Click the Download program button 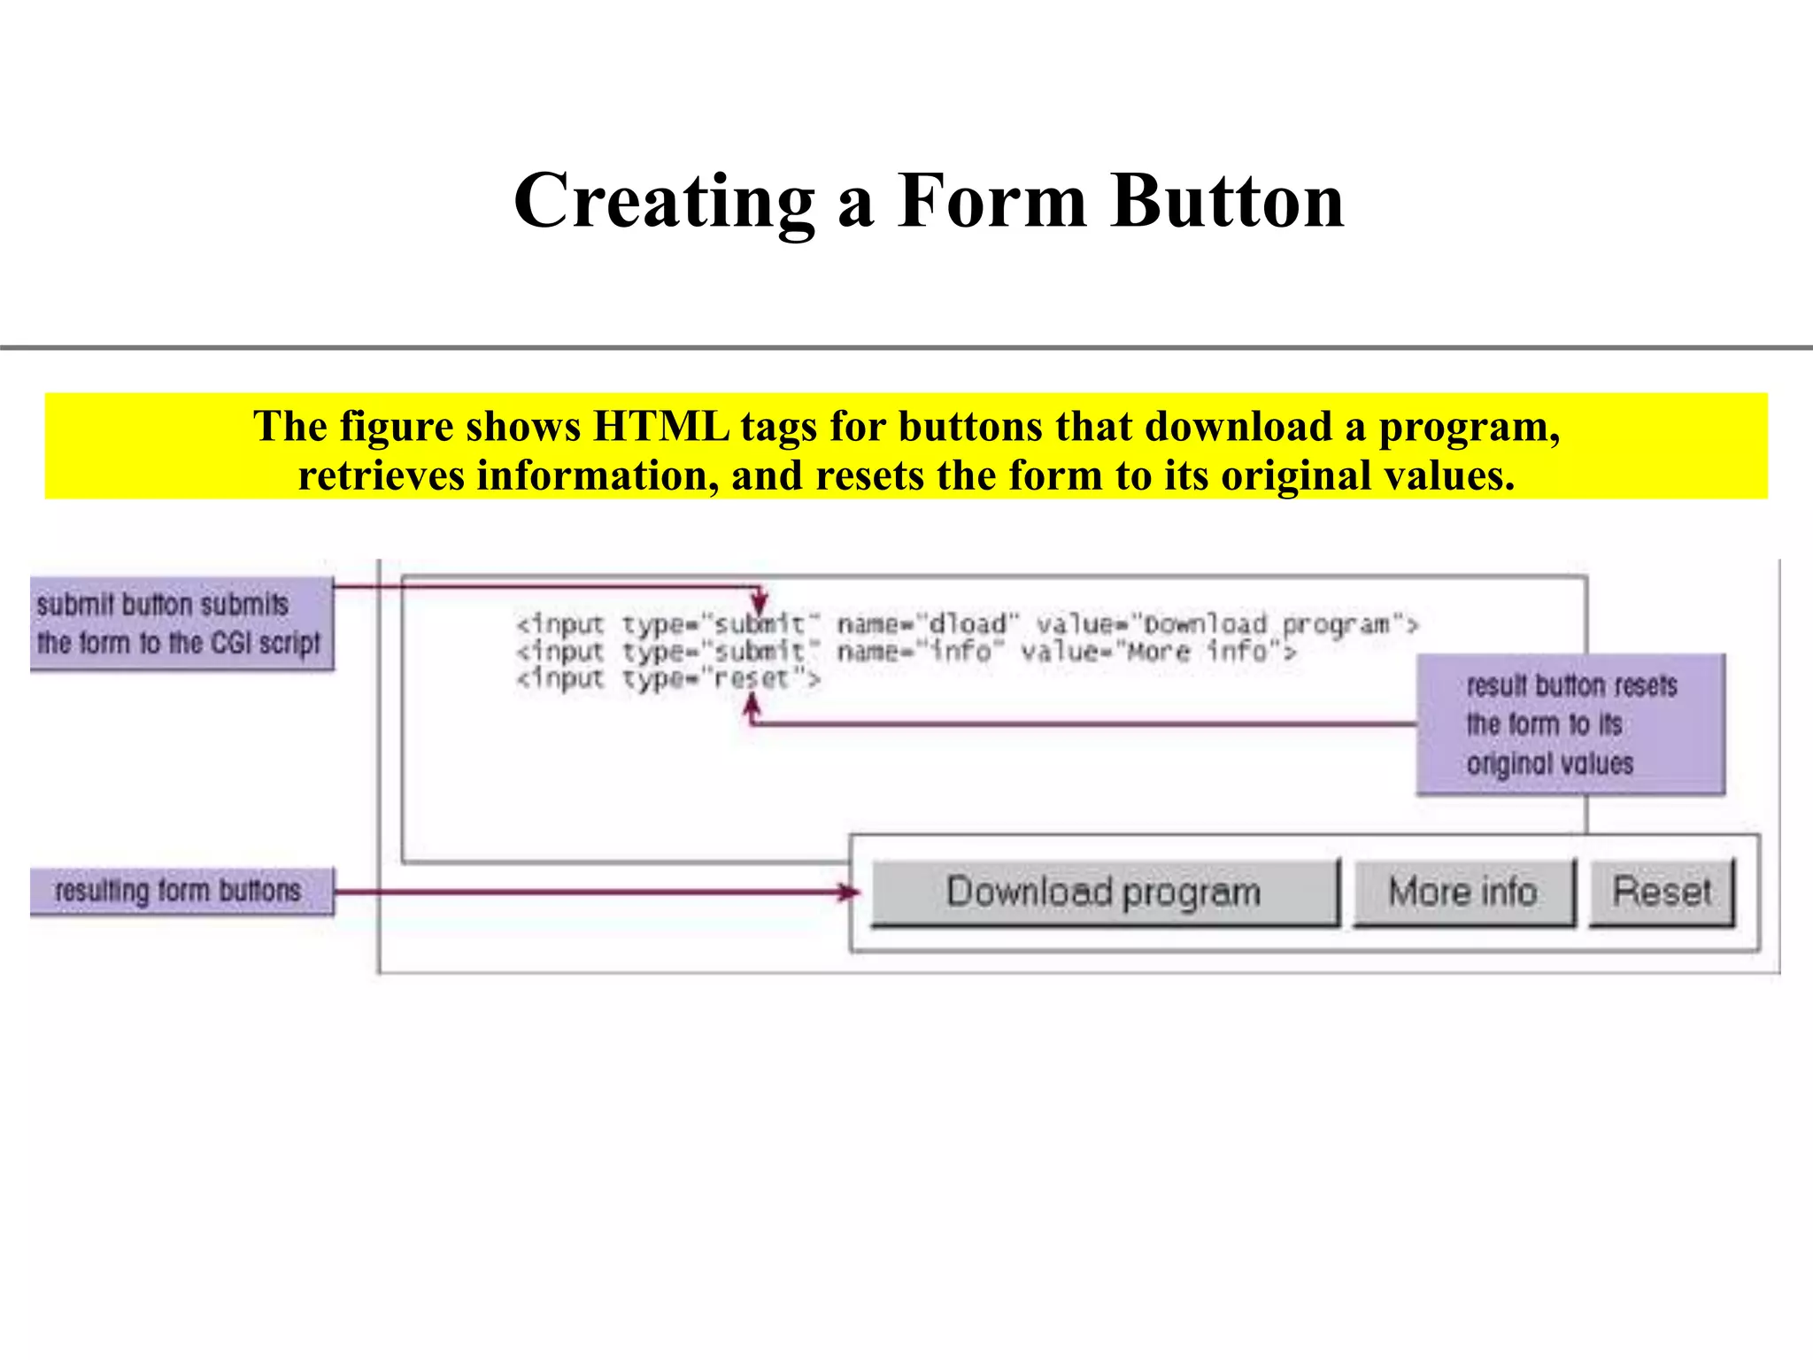(x=1104, y=892)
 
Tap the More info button (x=1463, y=892)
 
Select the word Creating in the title (x=664, y=202)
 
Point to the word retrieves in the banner (x=381, y=475)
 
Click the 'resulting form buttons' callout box (x=181, y=891)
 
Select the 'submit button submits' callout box (x=181, y=623)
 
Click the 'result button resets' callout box (x=1570, y=724)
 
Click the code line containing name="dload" (x=967, y=624)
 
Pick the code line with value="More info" (x=905, y=652)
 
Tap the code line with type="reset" (x=668, y=679)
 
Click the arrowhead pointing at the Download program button (x=850, y=892)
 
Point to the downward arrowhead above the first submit (x=759, y=601)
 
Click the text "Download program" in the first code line (x=1266, y=624)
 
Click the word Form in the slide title (x=991, y=202)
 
